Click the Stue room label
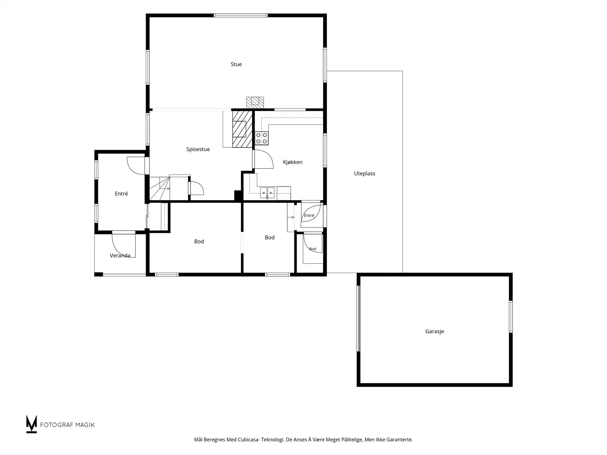click(236, 64)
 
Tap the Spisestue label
click(198, 149)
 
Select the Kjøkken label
click(292, 162)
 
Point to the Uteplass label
click(365, 174)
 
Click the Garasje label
click(434, 331)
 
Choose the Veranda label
click(120, 256)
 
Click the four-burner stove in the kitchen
click(262, 138)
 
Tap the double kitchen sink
click(267, 193)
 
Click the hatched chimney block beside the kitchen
click(242, 129)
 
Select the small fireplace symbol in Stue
click(255, 102)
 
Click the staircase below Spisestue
click(160, 189)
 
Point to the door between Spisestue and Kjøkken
click(263, 159)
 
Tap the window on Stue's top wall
click(241, 16)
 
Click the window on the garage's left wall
click(359, 318)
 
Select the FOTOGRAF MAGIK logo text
click(68, 425)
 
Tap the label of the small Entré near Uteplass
click(309, 215)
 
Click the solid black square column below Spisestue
click(238, 195)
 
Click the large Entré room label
click(121, 194)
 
